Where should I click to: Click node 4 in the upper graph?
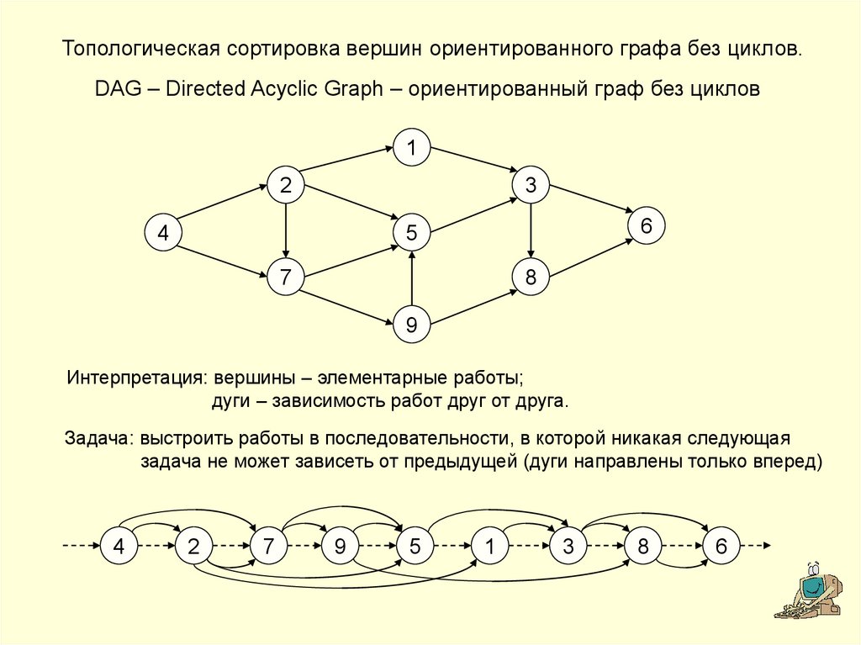click(x=163, y=233)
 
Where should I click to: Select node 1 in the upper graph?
click(x=411, y=149)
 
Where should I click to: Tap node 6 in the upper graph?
click(x=646, y=226)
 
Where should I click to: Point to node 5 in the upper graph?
click(x=411, y=233)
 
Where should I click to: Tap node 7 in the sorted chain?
click(x=268, y=546)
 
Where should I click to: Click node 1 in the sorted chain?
click(x=488, y=546)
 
